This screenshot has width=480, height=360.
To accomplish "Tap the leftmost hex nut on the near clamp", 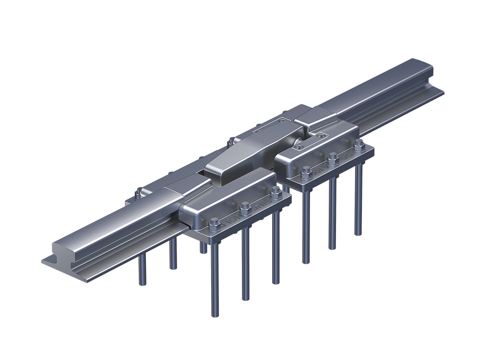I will point(215,222).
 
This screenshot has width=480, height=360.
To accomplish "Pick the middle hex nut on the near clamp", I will point(245,207).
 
